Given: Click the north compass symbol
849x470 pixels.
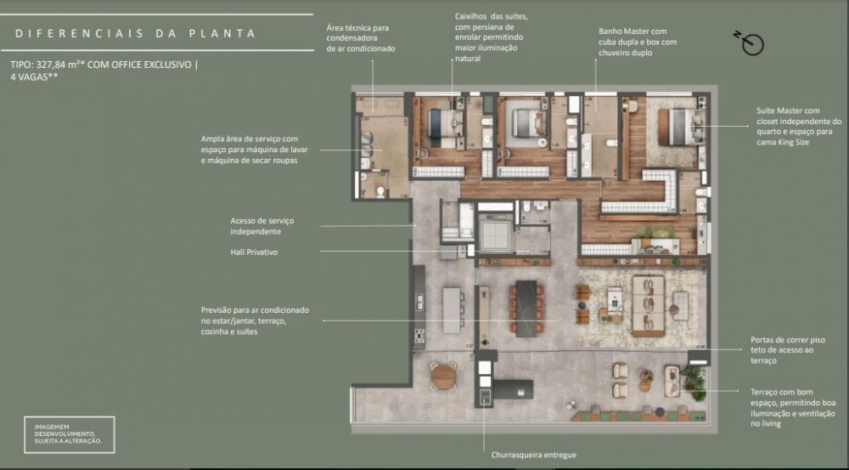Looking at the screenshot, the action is (751, 43).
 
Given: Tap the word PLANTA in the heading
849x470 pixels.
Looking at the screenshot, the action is (222, 34).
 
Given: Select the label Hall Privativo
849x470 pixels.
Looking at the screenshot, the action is (254, 252).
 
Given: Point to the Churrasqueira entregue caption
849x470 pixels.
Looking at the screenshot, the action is (533, 455).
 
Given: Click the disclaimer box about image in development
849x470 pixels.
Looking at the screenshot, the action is (70, 434).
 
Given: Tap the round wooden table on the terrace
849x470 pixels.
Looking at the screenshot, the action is (443, 375).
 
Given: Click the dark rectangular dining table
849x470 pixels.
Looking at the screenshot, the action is (526, 309).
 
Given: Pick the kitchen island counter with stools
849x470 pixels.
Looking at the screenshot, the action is (451, 310).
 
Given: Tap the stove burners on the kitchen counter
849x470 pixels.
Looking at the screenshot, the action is (419, 336).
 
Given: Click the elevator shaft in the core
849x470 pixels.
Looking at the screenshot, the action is (495, 231).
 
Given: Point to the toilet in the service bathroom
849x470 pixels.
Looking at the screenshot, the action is (380, 190).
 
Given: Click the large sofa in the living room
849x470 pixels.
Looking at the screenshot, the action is (648, 306).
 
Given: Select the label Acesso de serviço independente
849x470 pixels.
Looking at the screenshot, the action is (262, 226).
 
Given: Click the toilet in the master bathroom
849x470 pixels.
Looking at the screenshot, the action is (612, 143).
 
